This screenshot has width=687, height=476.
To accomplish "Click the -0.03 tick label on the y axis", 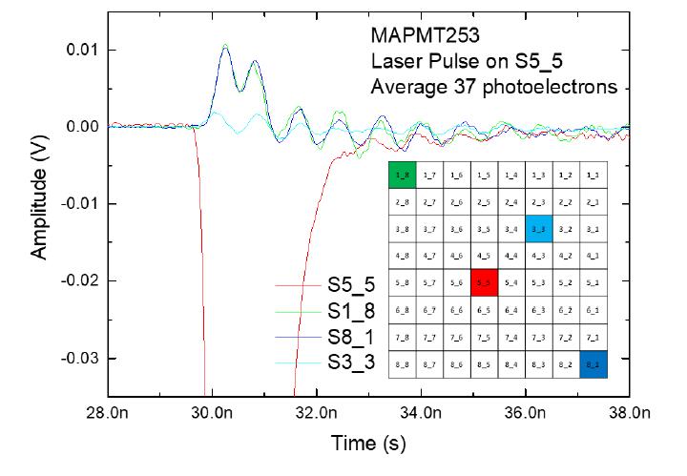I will tap(79, 358).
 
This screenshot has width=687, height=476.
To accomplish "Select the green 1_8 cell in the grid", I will tap(404, 176).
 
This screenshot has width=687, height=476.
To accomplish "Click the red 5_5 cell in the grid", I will tap(484, 282).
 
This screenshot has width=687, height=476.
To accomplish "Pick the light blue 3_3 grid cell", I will tap(538, 229).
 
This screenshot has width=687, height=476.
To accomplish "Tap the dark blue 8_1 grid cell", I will tap(593, 363).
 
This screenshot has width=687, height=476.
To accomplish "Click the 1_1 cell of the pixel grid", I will tap(593, 176).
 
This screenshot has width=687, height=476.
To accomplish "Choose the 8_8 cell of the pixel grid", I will tap(404, 363).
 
